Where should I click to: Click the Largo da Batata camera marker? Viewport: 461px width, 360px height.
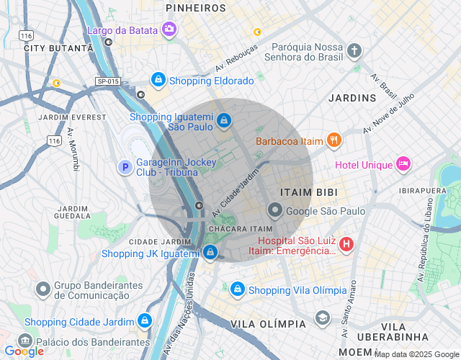[x=169, y=29]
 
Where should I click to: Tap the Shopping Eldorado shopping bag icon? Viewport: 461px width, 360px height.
[x=158, y=79]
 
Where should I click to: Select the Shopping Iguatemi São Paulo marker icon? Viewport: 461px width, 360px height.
[x=224, y=120]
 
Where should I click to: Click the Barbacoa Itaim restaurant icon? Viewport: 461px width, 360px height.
[x=334, y=140]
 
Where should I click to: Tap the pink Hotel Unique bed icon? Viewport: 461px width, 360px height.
[x=403, y=164]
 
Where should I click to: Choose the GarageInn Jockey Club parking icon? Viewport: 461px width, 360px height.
[x=125, y=167]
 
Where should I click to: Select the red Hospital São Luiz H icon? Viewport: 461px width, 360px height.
[x=346, y=245]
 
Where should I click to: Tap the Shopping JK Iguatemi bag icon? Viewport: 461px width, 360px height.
[x=210, y=252]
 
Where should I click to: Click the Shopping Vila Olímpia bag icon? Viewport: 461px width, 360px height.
[x=237, y=289]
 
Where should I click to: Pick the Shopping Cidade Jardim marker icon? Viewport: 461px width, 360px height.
[x=145, y=320]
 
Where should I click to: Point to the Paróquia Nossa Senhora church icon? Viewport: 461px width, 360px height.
[x=354, y=50]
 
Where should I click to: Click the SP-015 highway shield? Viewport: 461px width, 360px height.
[x=107, y=81]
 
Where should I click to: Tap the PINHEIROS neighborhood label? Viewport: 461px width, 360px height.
[x=196, y=8]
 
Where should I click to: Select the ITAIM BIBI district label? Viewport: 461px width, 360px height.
[x=305, y=192]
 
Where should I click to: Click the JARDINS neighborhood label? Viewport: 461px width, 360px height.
[x=352, y=97]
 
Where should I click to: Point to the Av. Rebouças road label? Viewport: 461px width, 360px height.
[x=236, y=60]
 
